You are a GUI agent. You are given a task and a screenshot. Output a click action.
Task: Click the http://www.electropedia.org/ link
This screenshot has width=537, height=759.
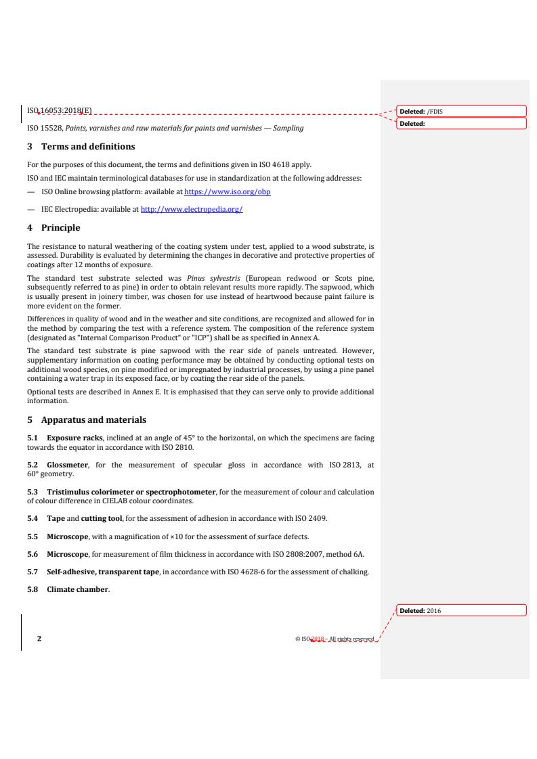(192, 210)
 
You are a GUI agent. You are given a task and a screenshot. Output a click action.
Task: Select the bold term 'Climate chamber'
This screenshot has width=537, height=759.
(77, 589)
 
